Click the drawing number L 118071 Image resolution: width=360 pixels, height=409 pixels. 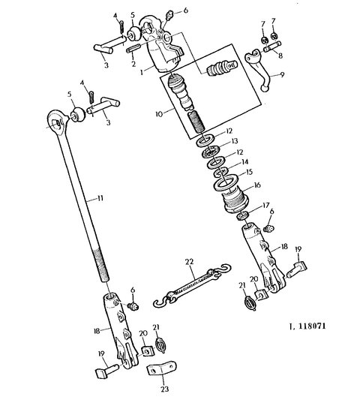(307, 326)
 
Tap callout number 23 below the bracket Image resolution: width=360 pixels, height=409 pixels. (164, 389)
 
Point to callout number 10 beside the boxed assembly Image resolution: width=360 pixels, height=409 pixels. (159, 114)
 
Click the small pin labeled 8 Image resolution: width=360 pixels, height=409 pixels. (272, 47)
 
